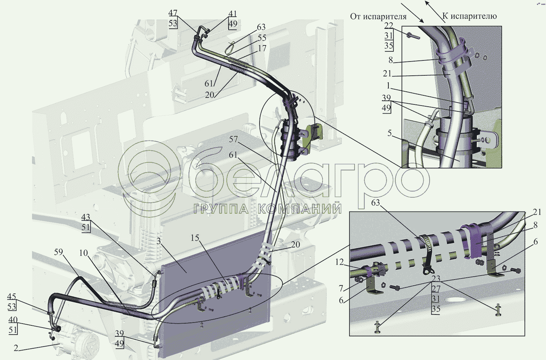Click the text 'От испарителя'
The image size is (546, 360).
pyautogui.click(x=378, y=17)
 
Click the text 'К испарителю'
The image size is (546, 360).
pyautogui.click(x=470, y=16)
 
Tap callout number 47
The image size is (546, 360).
pyautogui.click(x=173, y=13)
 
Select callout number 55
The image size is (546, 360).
pyautogui.click(x=262, y=38)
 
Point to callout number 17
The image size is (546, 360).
pyautogui.click(x=262, y=48)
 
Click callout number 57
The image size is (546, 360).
pyautogui.click(x=233, y=139)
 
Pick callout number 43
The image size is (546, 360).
pyautogui.click(x=86, y=217)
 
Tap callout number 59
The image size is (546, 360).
pyautogui.click(x=58, y=252)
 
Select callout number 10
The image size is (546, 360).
pyautogui.click(x=84, y=253)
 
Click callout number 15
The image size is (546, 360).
pyautogui.click(x=195, y=238)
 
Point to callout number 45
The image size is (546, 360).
pyautogui.click(x=12, y=297)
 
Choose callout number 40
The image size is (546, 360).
pyautogui.click(x=13, y=320)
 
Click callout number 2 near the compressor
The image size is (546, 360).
pyautogui.click(x=16, y=348)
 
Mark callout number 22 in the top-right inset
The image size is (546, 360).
pyautogui.click(x=389, y=25)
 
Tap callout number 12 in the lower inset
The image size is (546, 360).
pyautogui.click(x=339, y=262)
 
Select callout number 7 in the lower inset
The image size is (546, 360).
pyautogui.click(x=341, y=288)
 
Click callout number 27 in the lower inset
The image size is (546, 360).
pyautogui.click(x=436, y=289)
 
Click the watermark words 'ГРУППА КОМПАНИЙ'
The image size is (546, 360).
pyautogui.click(x=268, y=209)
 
